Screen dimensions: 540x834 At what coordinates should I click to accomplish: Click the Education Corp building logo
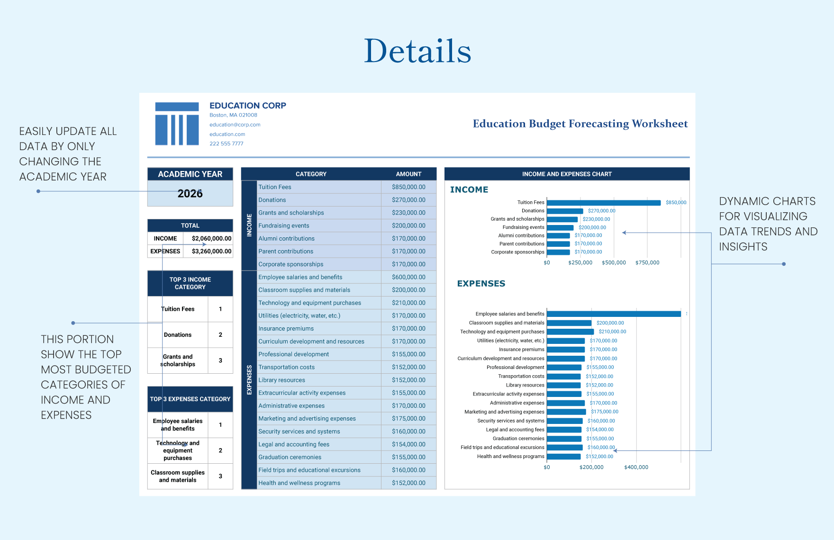tap(177, 124)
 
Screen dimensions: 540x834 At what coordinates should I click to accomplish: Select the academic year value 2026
tap(190, 193)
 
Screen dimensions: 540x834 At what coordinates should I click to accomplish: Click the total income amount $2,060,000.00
tap(211, 238)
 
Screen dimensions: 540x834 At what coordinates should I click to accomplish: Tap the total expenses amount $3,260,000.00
tap(211, 251)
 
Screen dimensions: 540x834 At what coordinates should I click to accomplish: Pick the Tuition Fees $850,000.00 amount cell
tap(408, 187)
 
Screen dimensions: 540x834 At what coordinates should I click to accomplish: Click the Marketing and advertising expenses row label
tap(307, 419)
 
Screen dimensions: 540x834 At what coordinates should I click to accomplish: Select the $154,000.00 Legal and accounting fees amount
tap(408, 444)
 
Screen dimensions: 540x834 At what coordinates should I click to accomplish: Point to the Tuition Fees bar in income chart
tap(603, 203)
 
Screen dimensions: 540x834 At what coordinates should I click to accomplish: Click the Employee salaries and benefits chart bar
tap(613, 314)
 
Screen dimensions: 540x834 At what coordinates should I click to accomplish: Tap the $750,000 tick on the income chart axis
tap(647, 262)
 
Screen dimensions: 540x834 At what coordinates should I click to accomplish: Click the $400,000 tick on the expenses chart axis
tap(636, 467)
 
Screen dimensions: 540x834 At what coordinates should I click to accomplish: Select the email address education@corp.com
tap(235, 125)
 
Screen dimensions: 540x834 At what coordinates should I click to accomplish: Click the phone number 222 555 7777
tap(226, 144)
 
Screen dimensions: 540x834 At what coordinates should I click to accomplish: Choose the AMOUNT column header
tap(408, 174)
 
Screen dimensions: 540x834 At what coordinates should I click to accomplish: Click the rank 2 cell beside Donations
tap(220, 335)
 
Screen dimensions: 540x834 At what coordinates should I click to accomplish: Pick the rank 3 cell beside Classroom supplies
tap(220, 476)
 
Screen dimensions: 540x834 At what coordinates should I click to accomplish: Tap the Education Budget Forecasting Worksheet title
tap(580, 124)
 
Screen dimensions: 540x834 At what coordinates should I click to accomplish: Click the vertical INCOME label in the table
tap(249, 225)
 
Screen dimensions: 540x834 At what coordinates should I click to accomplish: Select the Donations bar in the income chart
tap(565, 211)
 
